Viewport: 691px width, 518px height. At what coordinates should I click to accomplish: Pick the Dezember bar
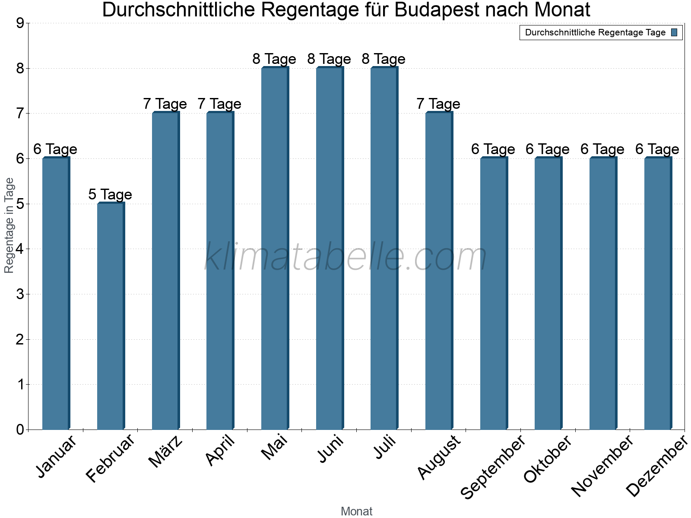pyautogui.click(x=658, y=294)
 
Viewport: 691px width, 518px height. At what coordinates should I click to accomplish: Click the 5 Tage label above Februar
pyautogui.click(x=110, y=194)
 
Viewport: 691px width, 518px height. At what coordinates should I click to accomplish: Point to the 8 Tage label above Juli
pyautogui.click(x=384, y=59)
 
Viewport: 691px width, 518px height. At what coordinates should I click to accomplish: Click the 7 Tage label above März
pyautogui.click(x=165, y=104)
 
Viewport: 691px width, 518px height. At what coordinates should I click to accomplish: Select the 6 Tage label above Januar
pyautogui.click(x=55, y=149)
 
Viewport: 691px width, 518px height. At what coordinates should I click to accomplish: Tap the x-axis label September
pyautogui.click(x=493, y=467)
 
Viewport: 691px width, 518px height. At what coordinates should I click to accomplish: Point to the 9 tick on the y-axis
pyautogui.click(x=20, y=23)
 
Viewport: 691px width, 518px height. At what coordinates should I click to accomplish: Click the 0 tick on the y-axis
pyautogui.click(x=20, y=430)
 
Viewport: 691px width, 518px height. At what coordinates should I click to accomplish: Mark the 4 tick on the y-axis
pyautogui.click(x=20, y=249)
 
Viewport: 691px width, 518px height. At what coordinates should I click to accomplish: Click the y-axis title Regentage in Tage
pyautogui.click(x=9, y=225)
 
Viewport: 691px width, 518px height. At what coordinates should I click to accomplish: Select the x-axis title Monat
pyautogui.click(x=356, y=511)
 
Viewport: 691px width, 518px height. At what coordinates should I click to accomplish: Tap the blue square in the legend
pyautogui.click(x=674, y=32)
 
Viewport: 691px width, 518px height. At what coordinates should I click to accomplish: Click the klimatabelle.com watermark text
pyautogui.click(x=345, y=257)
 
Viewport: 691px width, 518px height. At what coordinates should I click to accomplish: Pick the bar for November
pyautogui.click(x=603, y=294)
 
